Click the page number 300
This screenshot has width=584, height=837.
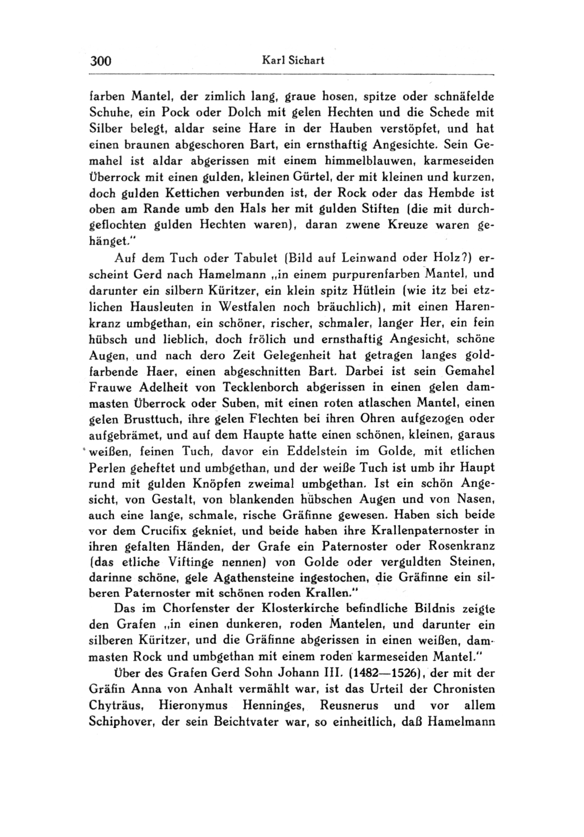tap(100, 61)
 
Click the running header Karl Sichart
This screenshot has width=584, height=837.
tap(293, 60)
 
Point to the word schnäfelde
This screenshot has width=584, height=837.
tap(464, 97)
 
